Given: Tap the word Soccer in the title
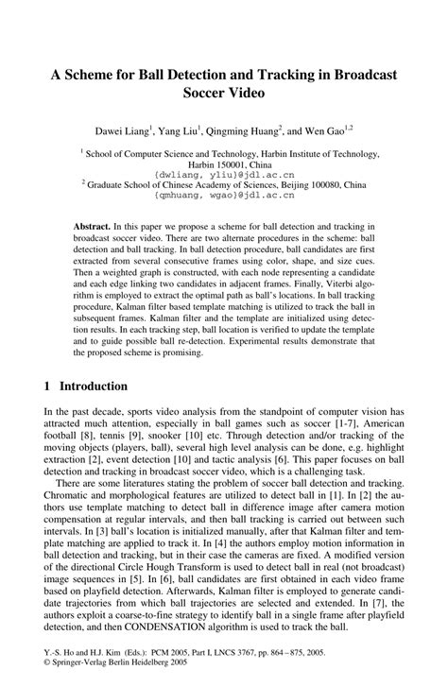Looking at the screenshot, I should [x=200, y=94].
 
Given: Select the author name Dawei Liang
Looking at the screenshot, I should [x=120, y=129].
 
